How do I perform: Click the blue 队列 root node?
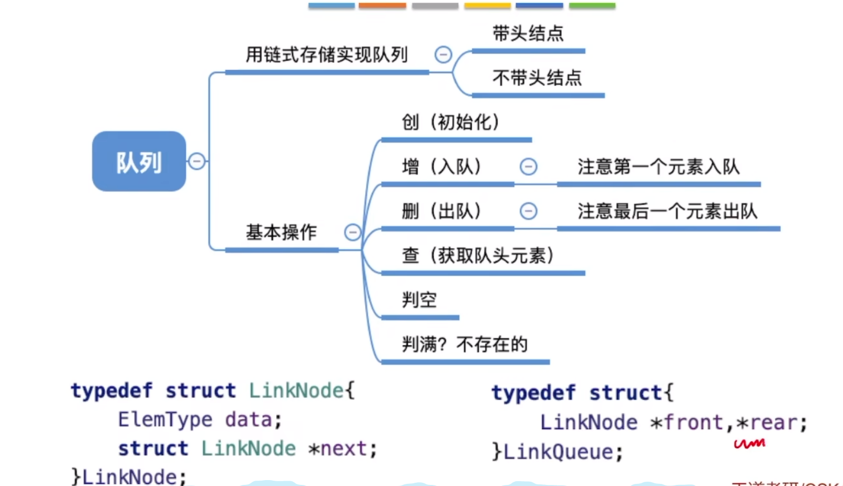(x=139, y=161)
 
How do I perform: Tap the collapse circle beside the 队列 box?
(x=197, y=161)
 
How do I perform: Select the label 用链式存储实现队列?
(x=327, y=54)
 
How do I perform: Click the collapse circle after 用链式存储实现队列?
(x=443, y=54)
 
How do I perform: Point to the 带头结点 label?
(x=528, y=33)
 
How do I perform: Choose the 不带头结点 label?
(x=537, y=78)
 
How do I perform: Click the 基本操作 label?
(x=281, y=232)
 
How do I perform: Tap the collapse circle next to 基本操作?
(x=352, y=232)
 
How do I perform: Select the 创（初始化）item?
(x=451, y=122)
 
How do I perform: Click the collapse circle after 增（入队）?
(x=528, y=167)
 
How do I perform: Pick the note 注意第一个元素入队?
(x=658, y=167)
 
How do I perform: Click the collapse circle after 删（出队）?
(x=528, y=211)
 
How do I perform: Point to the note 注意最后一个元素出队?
(x=667, y=211)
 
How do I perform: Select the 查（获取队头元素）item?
(x=478, y=255)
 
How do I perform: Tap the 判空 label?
(x=419, y=299)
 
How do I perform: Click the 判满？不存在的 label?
(x=465, y=344)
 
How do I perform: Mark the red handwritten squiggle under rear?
(x=750, y=444)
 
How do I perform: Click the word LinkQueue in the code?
(x=558, y=452)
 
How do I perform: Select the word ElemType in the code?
(x=165, y=419)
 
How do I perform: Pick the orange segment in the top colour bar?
(x=382, y=5)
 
